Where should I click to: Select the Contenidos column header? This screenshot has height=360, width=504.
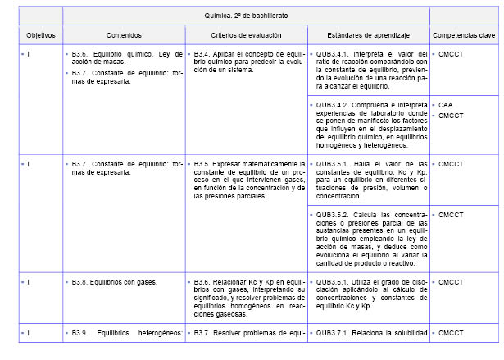coord(124,36)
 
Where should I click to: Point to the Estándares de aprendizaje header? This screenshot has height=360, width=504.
coord(367,36)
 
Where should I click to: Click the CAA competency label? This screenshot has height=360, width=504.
coord(446,106)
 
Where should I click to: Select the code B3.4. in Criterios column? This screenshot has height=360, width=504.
coord(203,53)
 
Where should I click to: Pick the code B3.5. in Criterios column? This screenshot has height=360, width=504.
coord(203,165)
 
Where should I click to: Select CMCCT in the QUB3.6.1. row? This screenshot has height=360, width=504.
coord(451,282)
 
